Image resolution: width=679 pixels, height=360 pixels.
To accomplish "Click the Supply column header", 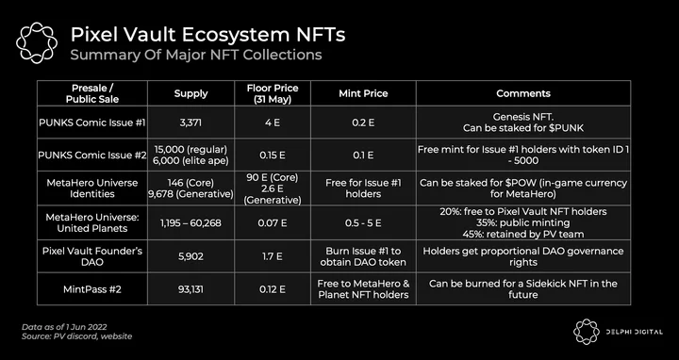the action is coord(190,93).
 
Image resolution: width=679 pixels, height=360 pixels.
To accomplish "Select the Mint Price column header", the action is coord(363,93).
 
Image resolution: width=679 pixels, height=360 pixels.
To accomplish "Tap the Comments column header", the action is coord(523,93).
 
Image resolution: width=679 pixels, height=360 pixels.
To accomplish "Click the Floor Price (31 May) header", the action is coord(273,93).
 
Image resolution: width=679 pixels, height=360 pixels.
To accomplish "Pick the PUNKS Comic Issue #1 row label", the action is coord(92,123).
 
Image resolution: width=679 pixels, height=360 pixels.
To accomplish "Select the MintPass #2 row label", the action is coord(92,289).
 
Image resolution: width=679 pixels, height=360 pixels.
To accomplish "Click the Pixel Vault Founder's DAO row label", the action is coord(92,256).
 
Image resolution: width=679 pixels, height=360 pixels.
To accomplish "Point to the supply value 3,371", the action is coord(190,123).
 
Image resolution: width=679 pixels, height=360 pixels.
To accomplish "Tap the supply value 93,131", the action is coord(190,289).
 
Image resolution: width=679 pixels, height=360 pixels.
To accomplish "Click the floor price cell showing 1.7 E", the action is coord(273,256).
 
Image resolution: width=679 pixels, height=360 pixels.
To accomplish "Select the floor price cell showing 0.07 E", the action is coord(273,222).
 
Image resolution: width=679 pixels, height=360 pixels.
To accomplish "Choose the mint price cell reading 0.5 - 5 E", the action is coord(363,222).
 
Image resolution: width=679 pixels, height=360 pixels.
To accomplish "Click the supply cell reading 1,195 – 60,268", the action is coord(190,222).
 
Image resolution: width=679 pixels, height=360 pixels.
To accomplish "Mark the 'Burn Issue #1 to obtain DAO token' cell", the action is coord(363,256).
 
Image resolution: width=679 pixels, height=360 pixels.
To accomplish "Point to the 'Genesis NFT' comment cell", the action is coord(523,123).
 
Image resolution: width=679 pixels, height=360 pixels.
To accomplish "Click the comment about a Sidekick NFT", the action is coord(523,289).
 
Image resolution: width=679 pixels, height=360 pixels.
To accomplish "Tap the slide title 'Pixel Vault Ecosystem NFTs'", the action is coord(207,35).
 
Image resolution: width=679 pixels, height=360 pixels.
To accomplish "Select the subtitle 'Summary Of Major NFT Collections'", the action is coord(196,55).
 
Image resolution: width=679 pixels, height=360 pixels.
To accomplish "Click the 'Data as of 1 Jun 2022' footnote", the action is coord(64,327).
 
